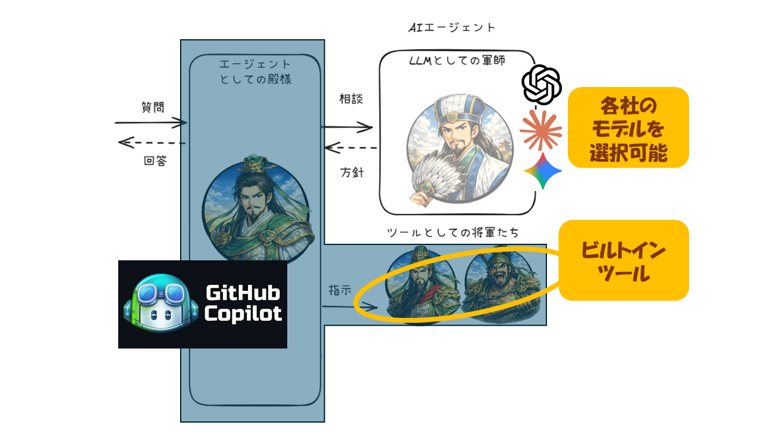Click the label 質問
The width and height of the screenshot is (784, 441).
(153, 107)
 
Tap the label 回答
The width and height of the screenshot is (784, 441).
(154, 162)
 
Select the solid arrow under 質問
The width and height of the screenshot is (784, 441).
(151, 123)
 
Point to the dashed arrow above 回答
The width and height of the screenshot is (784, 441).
(152, 143)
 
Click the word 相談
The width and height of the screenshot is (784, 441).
(351, 99)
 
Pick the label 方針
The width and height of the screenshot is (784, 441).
(352, 172)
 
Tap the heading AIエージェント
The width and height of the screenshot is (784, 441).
(452, 28)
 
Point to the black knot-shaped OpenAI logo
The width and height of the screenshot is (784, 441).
(541, 85)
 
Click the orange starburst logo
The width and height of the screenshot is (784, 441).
(541, 130)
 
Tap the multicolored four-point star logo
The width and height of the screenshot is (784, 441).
(543, 171)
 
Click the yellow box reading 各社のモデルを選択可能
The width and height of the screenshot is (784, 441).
(628, 127)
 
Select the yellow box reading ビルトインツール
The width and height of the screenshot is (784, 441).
(624, 260)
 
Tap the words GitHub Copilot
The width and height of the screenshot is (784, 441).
(243, 304)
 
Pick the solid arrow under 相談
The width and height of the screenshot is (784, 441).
(347, 127)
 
